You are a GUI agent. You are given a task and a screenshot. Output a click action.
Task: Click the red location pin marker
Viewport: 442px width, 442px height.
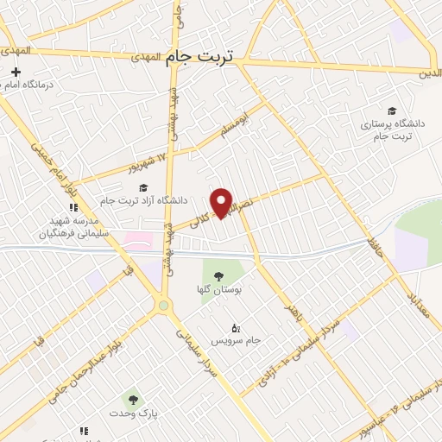[x=224, y=202]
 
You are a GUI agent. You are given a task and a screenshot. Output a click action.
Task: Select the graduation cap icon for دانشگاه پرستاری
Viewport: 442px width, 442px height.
[x=392, y=111]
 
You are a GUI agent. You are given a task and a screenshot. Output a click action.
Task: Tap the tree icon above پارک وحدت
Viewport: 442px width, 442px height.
[x=133, y=399]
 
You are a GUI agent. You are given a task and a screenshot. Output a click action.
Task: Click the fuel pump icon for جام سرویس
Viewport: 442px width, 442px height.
[x=236, y=327]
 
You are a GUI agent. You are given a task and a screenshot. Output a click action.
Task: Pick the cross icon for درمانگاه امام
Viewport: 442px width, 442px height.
[x=16, y=71]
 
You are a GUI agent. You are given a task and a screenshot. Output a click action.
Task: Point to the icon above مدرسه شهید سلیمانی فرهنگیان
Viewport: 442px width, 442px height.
[x=73, y=207]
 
